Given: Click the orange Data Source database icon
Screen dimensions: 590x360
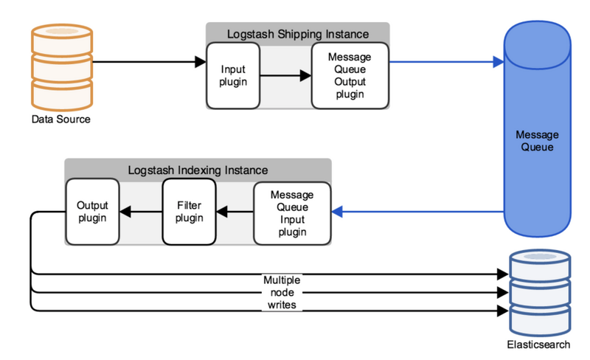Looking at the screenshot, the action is click(x=62, y=67).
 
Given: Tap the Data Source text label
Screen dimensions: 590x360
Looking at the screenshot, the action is click(x=61, y=120).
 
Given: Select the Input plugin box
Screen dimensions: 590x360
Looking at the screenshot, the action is click(x=233, y=75).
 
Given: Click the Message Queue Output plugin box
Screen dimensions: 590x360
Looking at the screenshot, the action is click(x=350, y=75).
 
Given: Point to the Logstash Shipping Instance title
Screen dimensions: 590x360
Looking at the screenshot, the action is click(x=298, y=34).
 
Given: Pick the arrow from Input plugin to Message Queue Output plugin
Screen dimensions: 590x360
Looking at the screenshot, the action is click(x=285, y=75).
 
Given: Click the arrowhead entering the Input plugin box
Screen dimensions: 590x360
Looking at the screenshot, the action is click(x=201, y=62).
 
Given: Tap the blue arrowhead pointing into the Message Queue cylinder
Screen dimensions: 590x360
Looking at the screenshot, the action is click(x=499, y=62).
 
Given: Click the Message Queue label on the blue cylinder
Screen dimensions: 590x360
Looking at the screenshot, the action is click(x=537, y=141).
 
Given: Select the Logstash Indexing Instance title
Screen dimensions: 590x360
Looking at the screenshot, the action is click(x=198, y=170).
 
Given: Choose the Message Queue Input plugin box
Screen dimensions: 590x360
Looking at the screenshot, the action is click(x=292, y=213).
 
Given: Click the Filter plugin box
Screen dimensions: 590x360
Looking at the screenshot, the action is click(x=189, y=212).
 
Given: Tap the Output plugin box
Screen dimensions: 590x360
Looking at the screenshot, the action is click(x=92, y=212).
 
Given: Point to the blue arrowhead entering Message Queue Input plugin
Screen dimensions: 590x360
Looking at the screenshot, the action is click(x=337, y=212).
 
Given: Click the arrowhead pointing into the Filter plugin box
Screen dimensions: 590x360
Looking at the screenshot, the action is click(x=222, y=212).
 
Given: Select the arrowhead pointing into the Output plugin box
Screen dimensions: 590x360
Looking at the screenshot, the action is click(x=125, y=212).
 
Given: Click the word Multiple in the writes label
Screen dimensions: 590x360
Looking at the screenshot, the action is click(x=282, y=280).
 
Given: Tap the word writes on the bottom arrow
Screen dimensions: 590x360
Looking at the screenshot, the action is click(x=282, y=305).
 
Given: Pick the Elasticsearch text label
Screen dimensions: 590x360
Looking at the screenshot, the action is click(x=538, y=345).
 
